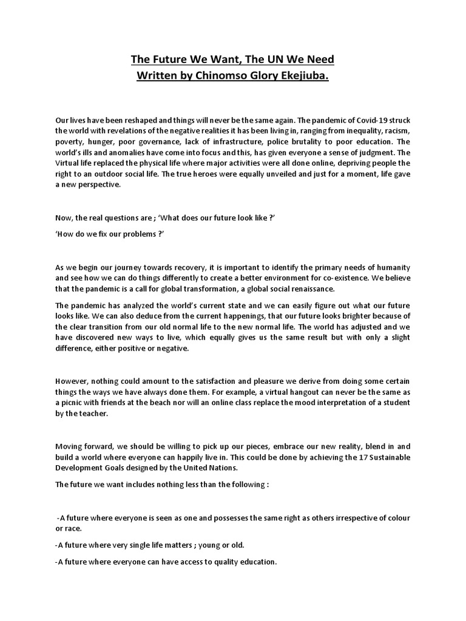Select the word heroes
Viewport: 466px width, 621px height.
228,174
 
